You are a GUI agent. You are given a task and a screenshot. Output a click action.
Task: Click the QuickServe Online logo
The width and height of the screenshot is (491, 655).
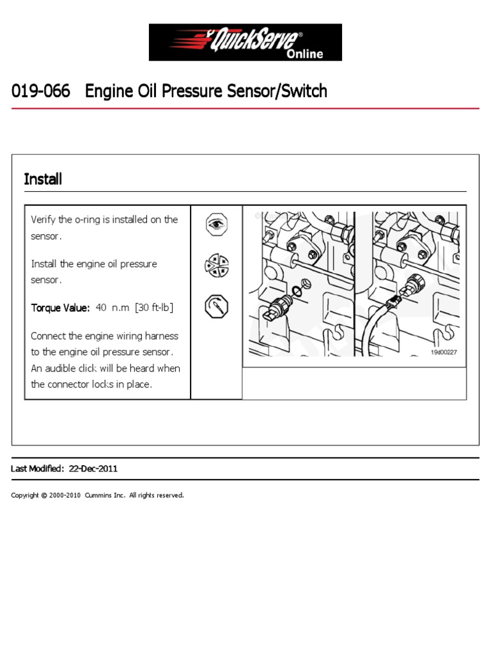pyautogui.click(x=245, y=42)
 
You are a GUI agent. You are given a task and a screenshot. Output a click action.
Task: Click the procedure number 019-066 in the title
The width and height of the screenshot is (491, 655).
pyautogui.click(x=40, y=91)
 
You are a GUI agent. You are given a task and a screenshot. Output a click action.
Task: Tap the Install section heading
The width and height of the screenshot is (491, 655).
pyautogui.click(x=43, y=179)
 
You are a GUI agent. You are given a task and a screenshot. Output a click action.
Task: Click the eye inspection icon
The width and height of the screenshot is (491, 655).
pyautogui.click(x=216, y=225)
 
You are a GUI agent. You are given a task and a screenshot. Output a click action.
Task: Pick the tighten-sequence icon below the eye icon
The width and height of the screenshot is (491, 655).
pyautogui.click(x=216, y=265)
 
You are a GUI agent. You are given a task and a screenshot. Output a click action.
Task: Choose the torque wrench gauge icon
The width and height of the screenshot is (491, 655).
pyautogui.click(x=216, y=306)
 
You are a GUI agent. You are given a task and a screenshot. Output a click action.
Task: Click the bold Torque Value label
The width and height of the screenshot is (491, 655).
pyautogui.click(x=60, y=308)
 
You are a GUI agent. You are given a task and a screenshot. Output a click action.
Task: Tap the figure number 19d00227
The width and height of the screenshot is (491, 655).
pyautogui.click(x=444, y=352)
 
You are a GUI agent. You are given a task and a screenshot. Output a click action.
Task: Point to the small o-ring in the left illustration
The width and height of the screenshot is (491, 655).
pyautogui.click(x=297, y=291)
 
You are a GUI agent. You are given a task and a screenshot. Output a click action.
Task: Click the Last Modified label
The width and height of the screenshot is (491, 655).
pyautogui.click(x=37, y=469)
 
